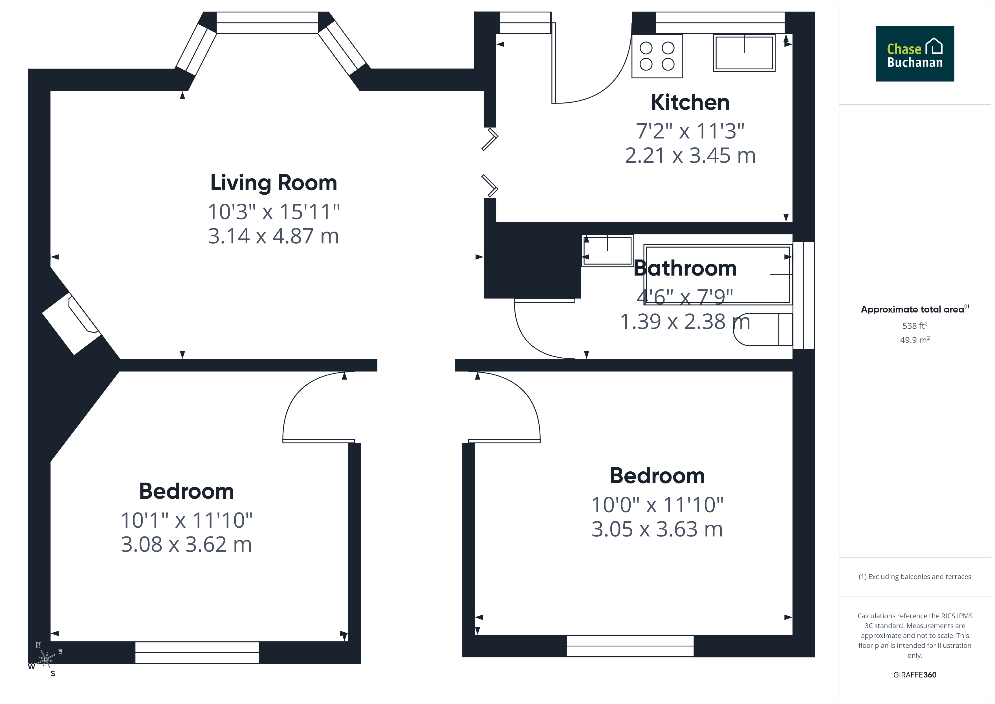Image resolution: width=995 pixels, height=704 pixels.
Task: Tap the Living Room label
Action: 274,182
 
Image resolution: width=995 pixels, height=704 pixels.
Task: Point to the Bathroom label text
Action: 685,268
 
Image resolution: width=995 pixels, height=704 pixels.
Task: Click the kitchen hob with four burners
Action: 657,56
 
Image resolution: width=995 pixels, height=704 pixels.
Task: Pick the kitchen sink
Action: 744,53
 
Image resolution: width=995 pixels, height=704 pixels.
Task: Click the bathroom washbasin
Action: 607,250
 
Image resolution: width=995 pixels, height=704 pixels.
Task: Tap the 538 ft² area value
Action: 915,325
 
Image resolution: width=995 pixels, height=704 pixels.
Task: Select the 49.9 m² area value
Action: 915,340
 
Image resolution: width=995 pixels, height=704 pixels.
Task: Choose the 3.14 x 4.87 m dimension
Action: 274,236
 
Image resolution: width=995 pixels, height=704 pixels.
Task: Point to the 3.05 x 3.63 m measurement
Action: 657,529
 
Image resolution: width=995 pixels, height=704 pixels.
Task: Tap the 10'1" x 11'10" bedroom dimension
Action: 186,520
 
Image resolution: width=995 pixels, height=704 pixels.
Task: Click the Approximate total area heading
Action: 915,309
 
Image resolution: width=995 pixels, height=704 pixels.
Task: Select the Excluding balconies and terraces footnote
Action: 915,577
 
